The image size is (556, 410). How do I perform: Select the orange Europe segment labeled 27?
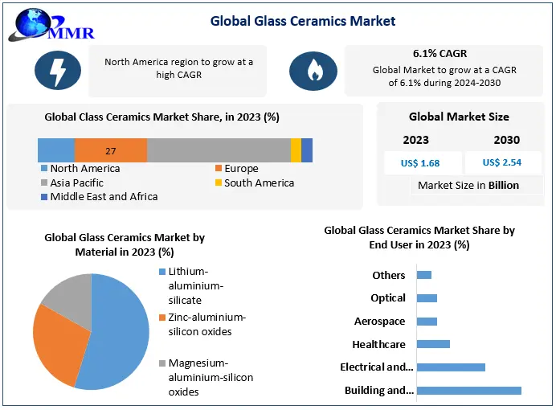(x=111, y=150)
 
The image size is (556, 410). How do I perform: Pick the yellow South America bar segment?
(x=296, y=150)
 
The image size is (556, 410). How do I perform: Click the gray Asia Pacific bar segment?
(x=219, y=150)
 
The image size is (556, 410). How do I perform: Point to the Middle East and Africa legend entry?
(x=104, y=197)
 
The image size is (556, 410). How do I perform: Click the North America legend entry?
(x=84, y=169)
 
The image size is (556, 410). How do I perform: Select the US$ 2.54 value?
(x=502, y=162)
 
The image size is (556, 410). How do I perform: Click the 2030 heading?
(x=506, y=140)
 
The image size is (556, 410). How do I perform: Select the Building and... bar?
(x=469, y=391)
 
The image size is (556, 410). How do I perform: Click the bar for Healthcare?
(x=434, y=344)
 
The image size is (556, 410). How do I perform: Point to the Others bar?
(x=424, y=275)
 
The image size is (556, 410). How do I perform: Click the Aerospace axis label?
(x=379, y=322)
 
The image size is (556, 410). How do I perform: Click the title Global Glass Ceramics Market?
(x=303, y=20)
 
